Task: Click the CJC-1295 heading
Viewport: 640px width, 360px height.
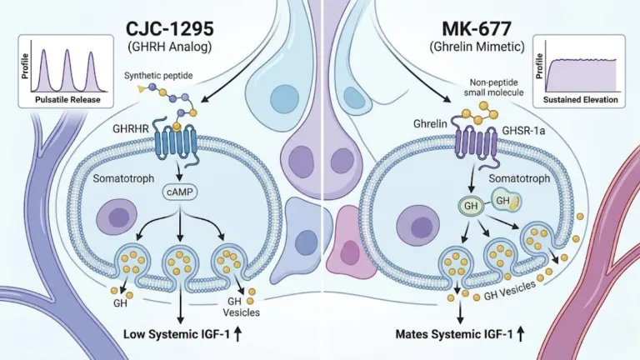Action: [x=170, y=29]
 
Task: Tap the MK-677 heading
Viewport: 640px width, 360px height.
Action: [x=477, y=29]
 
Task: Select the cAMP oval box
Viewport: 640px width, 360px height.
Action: [x=180, y=192]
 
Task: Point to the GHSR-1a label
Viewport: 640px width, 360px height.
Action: [x=523, y=131]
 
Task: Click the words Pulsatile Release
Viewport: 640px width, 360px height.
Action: [x=67, y=100]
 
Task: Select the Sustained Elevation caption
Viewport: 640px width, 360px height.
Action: [x=580, y=100]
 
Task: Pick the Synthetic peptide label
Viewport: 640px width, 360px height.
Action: [x=158, y=76]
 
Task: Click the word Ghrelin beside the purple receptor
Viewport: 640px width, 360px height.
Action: [x=430, y=123]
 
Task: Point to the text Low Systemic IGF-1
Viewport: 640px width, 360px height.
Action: [x=177, y=335]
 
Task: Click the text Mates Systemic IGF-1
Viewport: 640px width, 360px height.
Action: [x=454, y=335]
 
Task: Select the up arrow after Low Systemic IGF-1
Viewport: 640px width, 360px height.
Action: [x=237, y=334]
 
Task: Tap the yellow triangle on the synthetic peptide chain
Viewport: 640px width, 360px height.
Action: [x=141, y=87]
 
